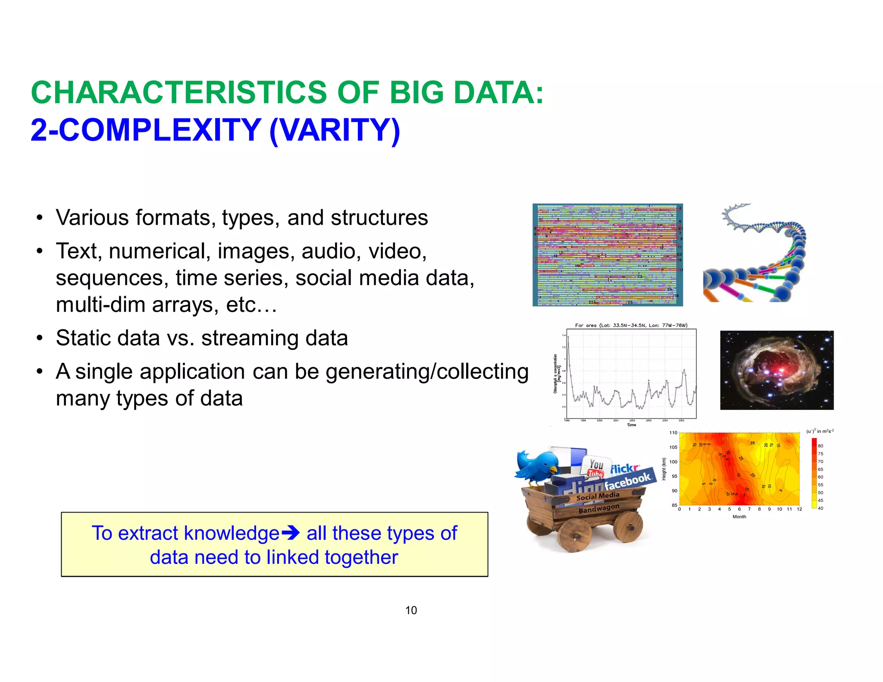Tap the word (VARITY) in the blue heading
tap(335, 130)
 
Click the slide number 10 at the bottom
tap(411, 610)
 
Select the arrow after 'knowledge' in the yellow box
tap(290, 534)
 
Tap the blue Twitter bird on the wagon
tap(537, 468)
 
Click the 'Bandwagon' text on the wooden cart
tap(598, 509)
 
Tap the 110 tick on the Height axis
tap(673, 433)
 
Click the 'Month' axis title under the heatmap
tap(739, 516)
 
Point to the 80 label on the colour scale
tap(820, 446)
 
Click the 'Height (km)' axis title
tap(664, 469)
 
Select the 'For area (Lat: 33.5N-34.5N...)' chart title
tap(631, 325)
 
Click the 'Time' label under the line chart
tap(631, 425)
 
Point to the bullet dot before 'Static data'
tap(39, 338)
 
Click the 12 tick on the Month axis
tap(799, 509)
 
